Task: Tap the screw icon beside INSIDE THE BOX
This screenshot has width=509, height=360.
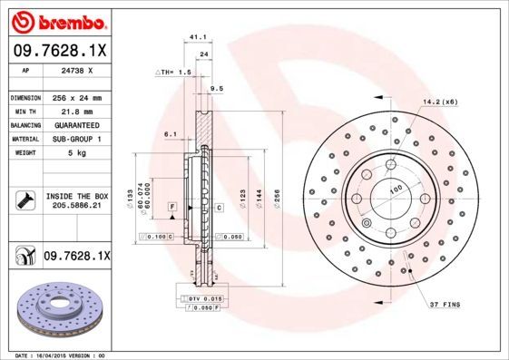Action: coord(24,199)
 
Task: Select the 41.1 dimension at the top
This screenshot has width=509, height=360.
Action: coord(194,37)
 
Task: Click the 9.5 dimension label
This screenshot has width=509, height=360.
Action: coord(216,88)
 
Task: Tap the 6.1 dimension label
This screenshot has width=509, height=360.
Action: coord(170,133)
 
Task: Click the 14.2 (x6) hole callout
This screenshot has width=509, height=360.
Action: coord(439,102)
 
